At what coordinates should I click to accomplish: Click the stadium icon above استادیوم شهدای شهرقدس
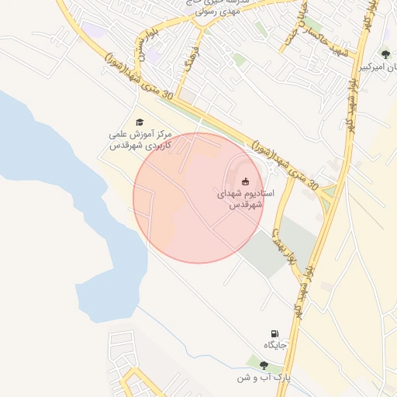point(246,182)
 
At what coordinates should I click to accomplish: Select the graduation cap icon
point(140,122)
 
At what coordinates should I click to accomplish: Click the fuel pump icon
point(274,333)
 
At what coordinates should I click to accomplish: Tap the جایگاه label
point(275,345)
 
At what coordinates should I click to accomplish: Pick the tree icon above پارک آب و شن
point(264,365)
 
